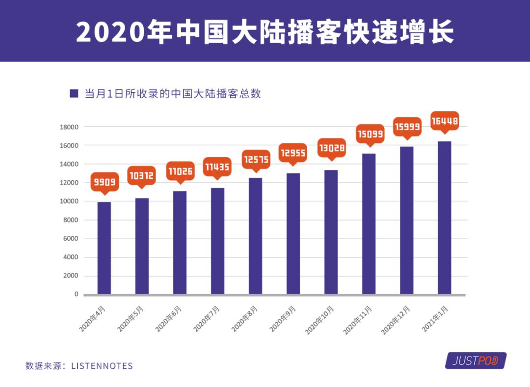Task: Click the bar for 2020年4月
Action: [104, 248]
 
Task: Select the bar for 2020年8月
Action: [255, 236]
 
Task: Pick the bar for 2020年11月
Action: [369, 224]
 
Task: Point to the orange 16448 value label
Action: [445, 120]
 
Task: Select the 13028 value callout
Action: [332, 148]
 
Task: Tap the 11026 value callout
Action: [180, 171]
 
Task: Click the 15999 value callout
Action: [407, 127]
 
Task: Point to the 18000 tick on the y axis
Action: [69, 127]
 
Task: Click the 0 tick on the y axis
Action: [76, 294]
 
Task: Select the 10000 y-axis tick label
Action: [69, 201]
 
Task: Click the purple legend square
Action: [74, 93]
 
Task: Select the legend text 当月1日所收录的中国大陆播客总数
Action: [172, 94]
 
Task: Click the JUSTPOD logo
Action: [476, 361]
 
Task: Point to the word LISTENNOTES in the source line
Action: [102, 366]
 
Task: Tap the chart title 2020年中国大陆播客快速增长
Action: [265, 32]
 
